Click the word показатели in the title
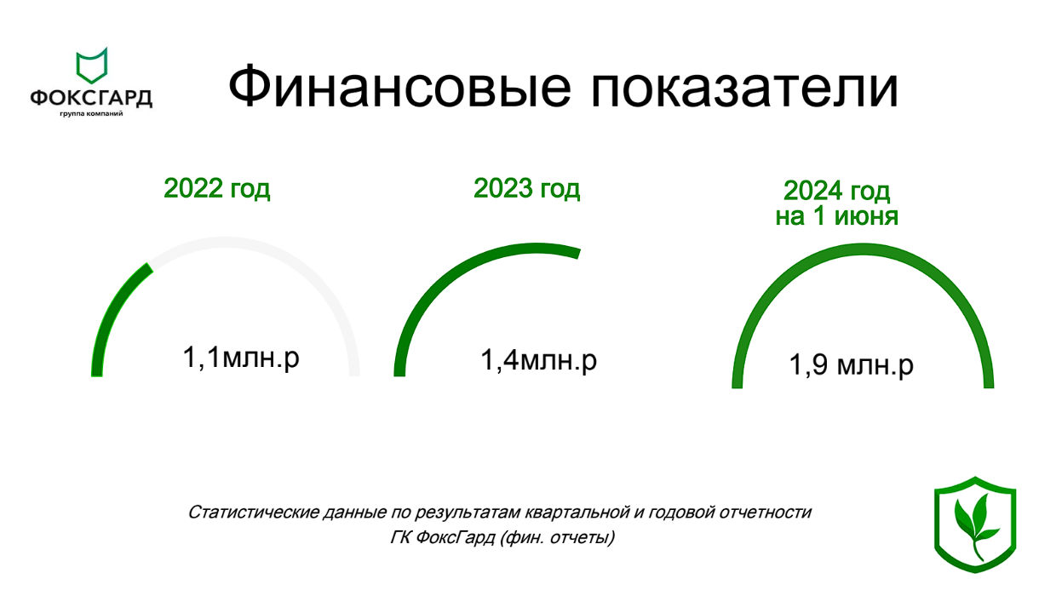point(742,85)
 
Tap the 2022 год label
point(216,188)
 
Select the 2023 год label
point(526,188)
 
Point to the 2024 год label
point(836,190)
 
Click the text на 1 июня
point(836,216)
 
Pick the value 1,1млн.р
point(241,358)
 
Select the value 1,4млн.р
point(539,360)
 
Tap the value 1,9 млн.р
point(851,365)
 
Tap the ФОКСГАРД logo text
point(91,98)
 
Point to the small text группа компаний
point(91,114)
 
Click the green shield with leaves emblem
point(974,524)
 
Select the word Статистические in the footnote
point(246,513)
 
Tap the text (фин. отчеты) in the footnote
point(558,538)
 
